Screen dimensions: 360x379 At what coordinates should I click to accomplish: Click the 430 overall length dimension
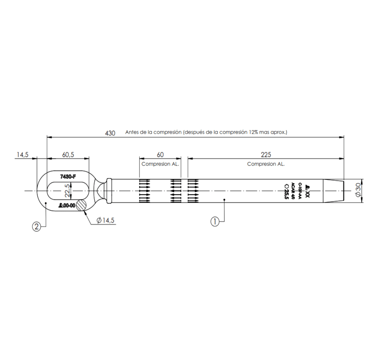tap(110, 133)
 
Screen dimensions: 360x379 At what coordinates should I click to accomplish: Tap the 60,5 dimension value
tap(68, 155)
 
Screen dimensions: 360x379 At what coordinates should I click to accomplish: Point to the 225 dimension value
tap(266, 155)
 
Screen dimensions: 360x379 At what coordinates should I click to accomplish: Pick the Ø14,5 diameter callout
tap(106, 220)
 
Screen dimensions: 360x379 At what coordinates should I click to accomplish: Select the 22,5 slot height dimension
tap(67, 191)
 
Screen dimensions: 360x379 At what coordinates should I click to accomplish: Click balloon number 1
tap(215, 221)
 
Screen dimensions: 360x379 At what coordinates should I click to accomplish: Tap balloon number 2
tap(36, 227)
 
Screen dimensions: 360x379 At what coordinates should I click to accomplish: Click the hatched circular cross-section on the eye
tap(81, 205)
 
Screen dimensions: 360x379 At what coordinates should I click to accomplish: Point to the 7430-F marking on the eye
tap(68, 176)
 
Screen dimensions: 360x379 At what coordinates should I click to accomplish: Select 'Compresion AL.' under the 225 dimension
tap(266, 164)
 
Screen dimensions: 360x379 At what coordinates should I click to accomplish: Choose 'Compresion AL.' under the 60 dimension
tap(160, 164)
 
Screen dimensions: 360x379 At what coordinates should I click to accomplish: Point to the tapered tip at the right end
tap(333, 191)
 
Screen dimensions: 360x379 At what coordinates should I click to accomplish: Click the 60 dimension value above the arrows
tap(160, 155)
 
